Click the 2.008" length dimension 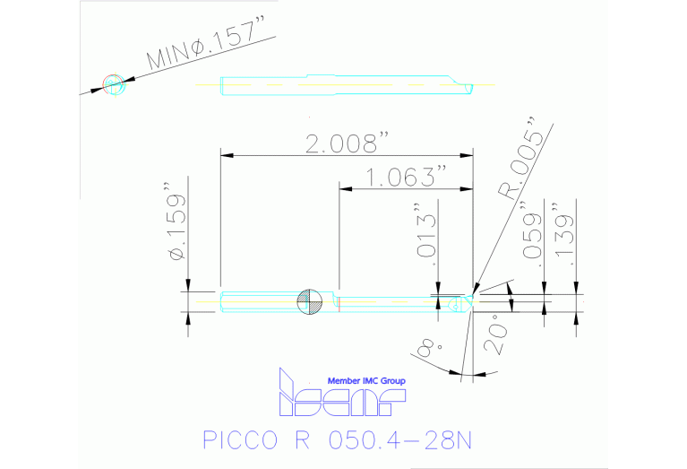tap(348, 144)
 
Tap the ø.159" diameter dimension tap(176, 224)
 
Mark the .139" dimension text tap(562, 236)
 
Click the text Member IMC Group tap(366, 381)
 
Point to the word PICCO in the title tap(236, 441)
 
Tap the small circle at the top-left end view tap(114, 84)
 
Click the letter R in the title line tap(300, 441)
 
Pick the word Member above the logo tap(344, 381)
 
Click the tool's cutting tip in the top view tap(468, 85)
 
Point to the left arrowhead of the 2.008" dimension tap(224, 156)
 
